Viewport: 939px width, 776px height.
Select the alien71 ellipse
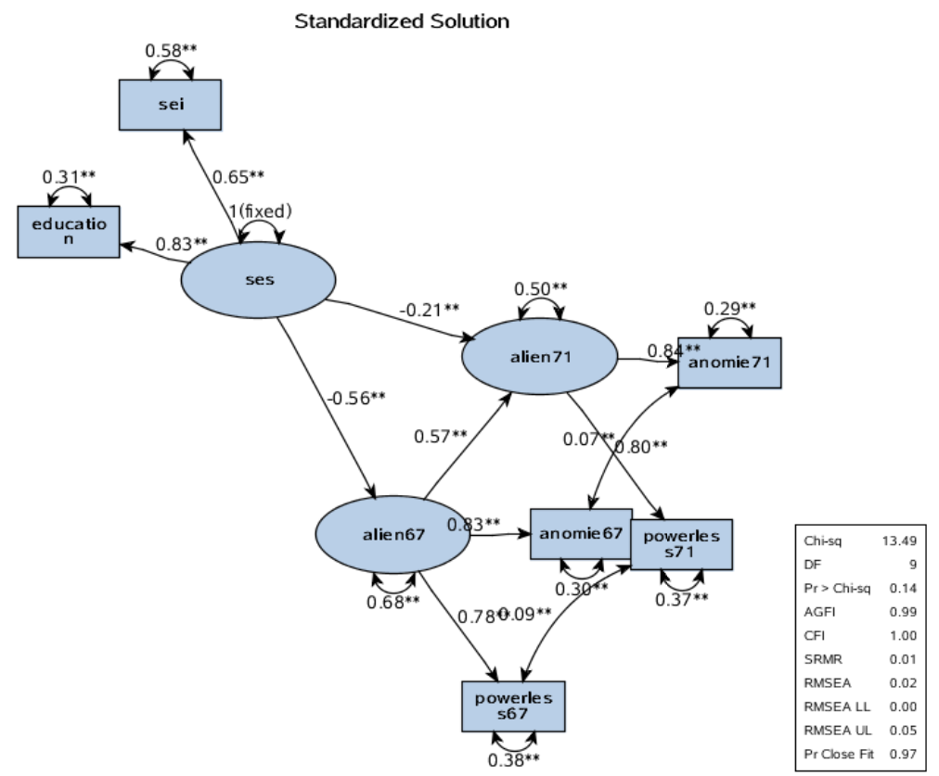click(x=539, y=355)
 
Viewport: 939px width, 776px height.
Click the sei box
click(x=169, y=105)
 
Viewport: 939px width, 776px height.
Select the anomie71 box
click(x=729, y=363)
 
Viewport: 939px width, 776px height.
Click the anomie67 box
click(x=581, y=533)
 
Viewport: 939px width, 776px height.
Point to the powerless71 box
click(x=681, y=544)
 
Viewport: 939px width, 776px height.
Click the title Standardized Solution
click(x=401, y=20)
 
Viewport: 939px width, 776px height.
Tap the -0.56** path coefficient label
click(x=354, y=398)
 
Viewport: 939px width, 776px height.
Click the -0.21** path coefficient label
click(x=429, y=308)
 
